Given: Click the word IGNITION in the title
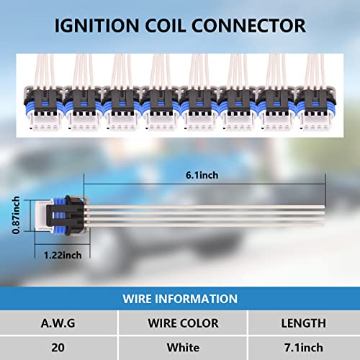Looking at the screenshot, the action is pos(96,25).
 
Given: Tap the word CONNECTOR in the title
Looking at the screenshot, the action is pos(248,25).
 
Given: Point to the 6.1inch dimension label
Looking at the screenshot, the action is pos(202,175).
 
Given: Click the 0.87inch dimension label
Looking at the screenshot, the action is pos(16,215).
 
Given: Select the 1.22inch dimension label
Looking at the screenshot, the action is pos(63,255).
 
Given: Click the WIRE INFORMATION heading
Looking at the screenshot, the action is pos(180,299).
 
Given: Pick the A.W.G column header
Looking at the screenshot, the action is pos(58,323).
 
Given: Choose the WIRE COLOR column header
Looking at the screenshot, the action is pos(183,323).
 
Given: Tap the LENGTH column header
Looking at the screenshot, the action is pos(304,323).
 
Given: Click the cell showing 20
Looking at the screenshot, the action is pos(58,348).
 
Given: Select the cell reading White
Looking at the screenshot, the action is pos(183,348).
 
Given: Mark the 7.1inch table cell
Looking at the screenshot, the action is pos(304,348).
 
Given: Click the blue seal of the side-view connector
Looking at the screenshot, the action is pos(58,215).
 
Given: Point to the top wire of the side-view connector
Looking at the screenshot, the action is pos(207,207).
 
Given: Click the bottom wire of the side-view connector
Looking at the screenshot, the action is pos(207,225).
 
